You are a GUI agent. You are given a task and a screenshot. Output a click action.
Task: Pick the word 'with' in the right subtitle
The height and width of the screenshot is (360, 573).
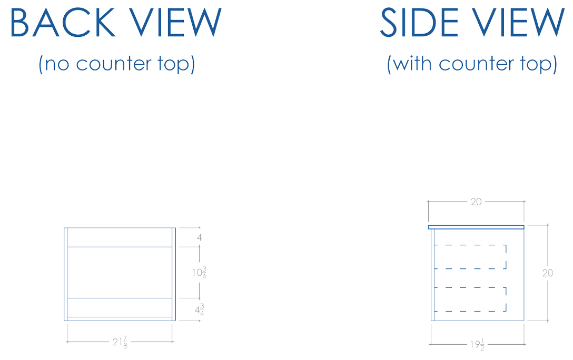pyautogui.click(x=412, y=64)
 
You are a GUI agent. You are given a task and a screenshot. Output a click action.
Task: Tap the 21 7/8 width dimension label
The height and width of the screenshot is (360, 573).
pyautogui.click(x=120, y=342)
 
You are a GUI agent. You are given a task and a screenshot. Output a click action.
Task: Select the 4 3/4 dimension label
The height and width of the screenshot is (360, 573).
pyautogui.click(x=200, y=309)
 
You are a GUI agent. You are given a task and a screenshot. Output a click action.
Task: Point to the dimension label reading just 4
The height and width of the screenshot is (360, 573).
pyautogui.click(x=199, y=237)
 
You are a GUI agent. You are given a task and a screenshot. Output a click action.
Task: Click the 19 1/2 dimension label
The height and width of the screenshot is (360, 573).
pyautogui.click(x=477, y=345)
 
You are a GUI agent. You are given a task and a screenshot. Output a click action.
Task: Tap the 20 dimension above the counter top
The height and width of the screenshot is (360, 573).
pyautogui.click(x=476, y=202)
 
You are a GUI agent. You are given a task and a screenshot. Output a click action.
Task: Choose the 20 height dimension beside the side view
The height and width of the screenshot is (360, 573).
pyautogui.click(x=548, y=273)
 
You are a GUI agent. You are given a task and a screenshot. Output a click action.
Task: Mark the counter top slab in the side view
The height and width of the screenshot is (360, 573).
pyautogui.click(x=476, y=227)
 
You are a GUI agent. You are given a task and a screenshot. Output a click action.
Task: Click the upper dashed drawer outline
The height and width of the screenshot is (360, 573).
pyautogui.click(x=470, y=256)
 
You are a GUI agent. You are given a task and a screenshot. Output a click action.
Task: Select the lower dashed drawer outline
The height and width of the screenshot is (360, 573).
pyautogui.click(x=470, y=299)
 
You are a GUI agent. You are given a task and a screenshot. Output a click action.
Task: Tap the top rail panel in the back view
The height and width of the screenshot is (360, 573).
pyautogui.click(x=120, y=237)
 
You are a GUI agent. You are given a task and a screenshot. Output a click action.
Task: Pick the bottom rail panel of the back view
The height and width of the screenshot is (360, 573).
pyautogui.click(x=120, y=307)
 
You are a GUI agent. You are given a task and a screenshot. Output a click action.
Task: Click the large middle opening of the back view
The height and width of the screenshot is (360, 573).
pyautogui.click(x=120, y=272)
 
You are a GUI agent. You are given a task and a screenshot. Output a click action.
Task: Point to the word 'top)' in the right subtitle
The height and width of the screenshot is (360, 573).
pyautogui.click(x=541, y=64)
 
